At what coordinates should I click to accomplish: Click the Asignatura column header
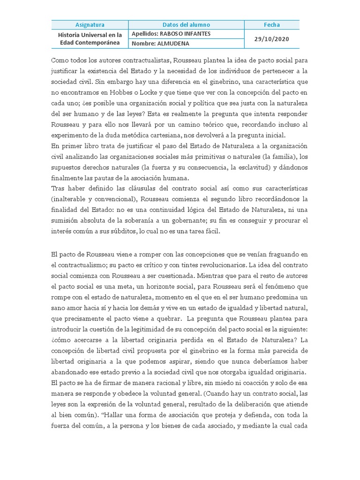(x=90, y=24)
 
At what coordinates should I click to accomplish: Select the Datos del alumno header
(x=186, y=24)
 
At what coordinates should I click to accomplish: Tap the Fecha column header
(x=271, y=24)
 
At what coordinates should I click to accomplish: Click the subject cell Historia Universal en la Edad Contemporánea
(x=90, y=38)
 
